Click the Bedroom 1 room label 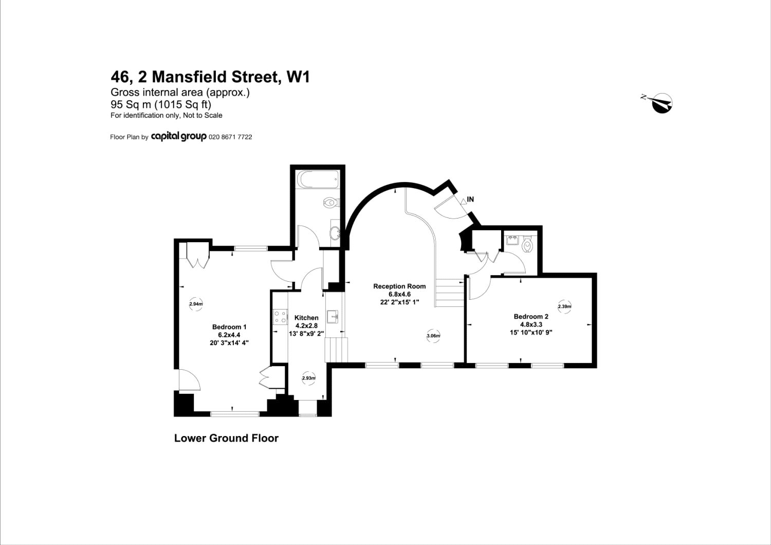(229, 327)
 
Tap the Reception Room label (399, 286)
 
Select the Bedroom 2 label (531, 317)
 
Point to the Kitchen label (306, 318)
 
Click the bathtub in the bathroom (318, 180)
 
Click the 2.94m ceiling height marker (196, 304)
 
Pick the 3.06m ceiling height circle (433, 336)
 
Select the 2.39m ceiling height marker (564, 306)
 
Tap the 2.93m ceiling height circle (308, 378)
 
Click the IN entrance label (470, 199)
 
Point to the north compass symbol (660, 103)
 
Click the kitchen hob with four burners (280, 317)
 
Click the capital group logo (178, 137)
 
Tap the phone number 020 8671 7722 (230, 137)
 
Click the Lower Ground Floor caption (226, 438)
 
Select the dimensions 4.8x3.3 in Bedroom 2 (531, 324)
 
